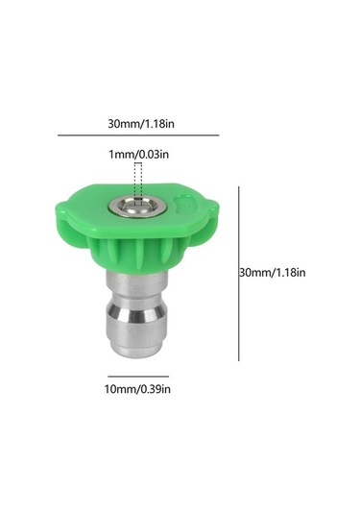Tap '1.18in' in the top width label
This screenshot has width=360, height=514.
(158, 124)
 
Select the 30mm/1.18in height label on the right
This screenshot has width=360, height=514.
(273, 273)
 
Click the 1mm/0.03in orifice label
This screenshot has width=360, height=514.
(139, 154)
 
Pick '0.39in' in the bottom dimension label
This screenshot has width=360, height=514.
(156, 389)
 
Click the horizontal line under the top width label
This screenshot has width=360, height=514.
(138, 135)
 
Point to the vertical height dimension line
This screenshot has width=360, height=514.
(239, 274)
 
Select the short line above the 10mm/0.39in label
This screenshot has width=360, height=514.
(138, 377)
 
